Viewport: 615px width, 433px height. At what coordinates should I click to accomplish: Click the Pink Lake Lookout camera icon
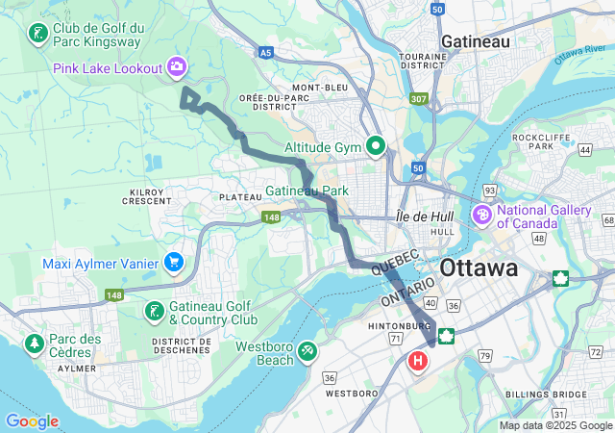tap(177, 66)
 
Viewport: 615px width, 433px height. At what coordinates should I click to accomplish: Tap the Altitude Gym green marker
tap(376, 147)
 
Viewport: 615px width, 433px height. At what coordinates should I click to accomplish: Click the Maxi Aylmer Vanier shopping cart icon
tap(174, 261)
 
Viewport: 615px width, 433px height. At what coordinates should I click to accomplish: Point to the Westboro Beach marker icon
tap(307, 350)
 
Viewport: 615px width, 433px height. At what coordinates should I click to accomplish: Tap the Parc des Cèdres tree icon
tap(35, 343)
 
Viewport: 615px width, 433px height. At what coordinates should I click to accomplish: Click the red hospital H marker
tap(418, 362)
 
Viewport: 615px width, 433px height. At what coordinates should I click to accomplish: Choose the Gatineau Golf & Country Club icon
tap(153, 311)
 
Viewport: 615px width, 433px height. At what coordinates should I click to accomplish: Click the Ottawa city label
tap(479, 267)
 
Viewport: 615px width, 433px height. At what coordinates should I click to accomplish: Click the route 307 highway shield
tap(417, 98)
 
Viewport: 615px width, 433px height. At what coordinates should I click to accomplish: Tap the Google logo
tap(32, 421)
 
